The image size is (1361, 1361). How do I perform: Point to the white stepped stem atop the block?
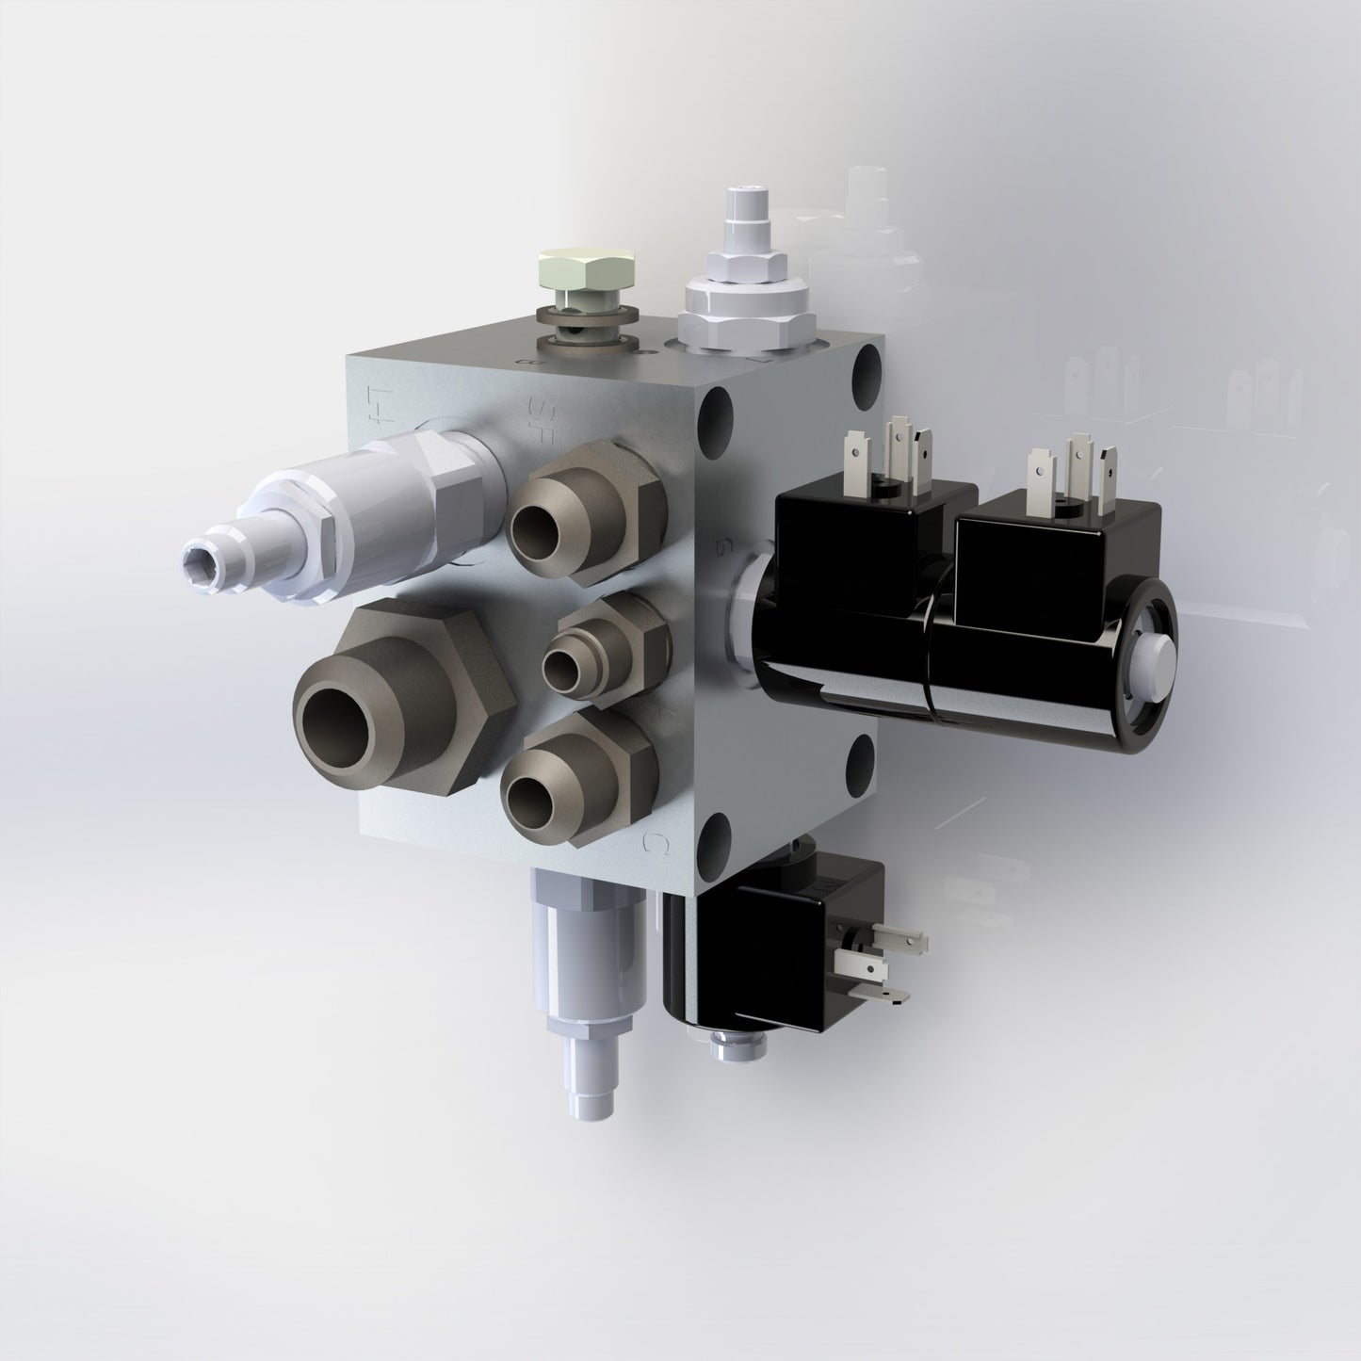[x=739, y=217]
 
